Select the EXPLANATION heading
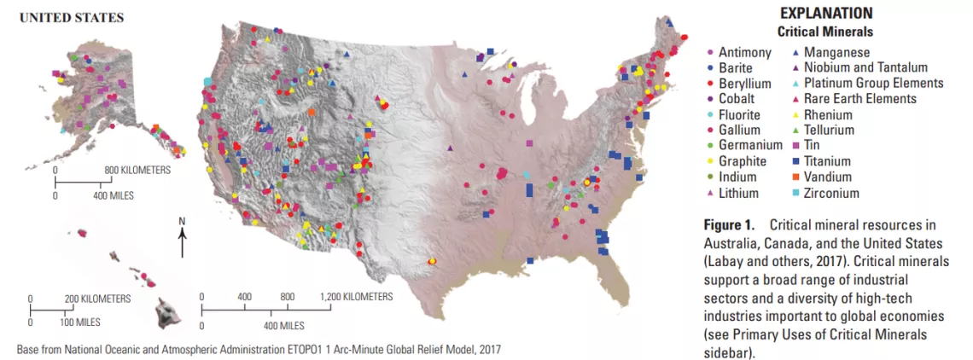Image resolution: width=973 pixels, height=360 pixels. pyautogui.click(x=825, y=14)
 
